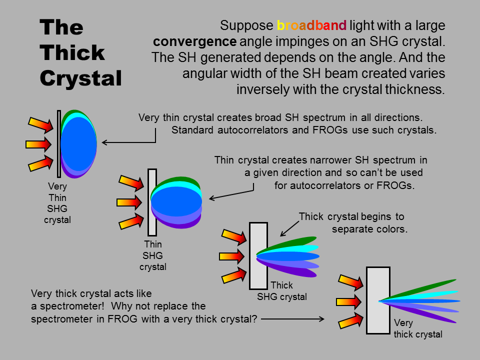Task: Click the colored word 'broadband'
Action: pos(311,25)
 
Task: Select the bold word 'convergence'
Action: pos(194,41)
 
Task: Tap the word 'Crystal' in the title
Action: pos(81,78)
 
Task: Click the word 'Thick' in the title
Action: pos(72,52)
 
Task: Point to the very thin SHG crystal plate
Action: pos(59,144)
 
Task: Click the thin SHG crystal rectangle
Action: pos(152,202)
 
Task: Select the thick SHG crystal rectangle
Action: pos(258,256)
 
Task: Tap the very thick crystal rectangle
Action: pos(378,300)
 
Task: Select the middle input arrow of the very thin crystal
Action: pos(38,144)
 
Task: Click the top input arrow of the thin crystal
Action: pos(131,183)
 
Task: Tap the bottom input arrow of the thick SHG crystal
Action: pos(234,275)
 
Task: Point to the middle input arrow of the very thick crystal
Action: pos(349,302)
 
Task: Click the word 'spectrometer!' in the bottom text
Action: pos(72,306)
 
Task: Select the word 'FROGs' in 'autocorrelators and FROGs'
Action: pos(330,130)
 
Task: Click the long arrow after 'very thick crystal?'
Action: pos(292,319)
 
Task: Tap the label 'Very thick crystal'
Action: pos(418,328)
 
